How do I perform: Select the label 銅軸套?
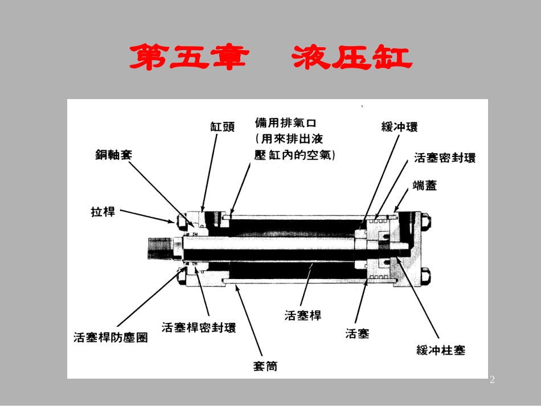[113, 154]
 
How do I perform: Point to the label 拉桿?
[103, 212]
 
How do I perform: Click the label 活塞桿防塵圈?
[110, 337]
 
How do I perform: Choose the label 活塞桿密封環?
[199, 327]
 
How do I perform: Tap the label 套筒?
[265, 366]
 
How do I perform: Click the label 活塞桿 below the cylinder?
[303, 315]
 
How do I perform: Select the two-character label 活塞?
[357, 333]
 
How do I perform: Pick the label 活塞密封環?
[445, 158]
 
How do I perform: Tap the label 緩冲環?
[399, 127]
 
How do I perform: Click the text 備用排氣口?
[289, 122]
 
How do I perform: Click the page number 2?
[492, 380]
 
